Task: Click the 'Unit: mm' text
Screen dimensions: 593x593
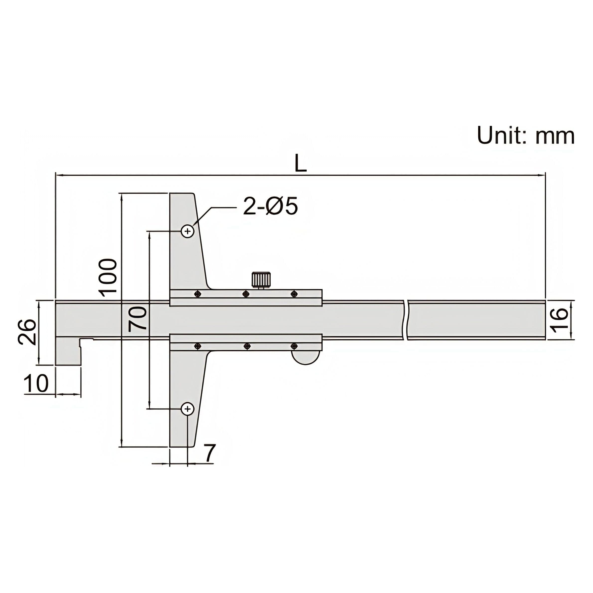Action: [x=525, y=136]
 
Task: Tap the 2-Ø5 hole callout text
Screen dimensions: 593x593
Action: [x=270, y=206]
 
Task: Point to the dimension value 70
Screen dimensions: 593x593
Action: [x=137, y=319]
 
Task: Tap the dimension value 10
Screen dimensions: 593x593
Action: [x=36, y=384]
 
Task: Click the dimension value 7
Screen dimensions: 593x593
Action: [x=209, y=453]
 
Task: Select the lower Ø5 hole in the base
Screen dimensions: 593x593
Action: [x=188, y=409]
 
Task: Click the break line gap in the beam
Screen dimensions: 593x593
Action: [x=405, y=320]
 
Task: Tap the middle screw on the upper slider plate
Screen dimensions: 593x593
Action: [x=246, y=294]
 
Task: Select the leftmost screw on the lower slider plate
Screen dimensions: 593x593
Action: [x=197, y=347]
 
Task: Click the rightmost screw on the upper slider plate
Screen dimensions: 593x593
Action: [x=294, y=294]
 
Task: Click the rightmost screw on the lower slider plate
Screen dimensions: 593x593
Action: [x=294, y=347]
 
